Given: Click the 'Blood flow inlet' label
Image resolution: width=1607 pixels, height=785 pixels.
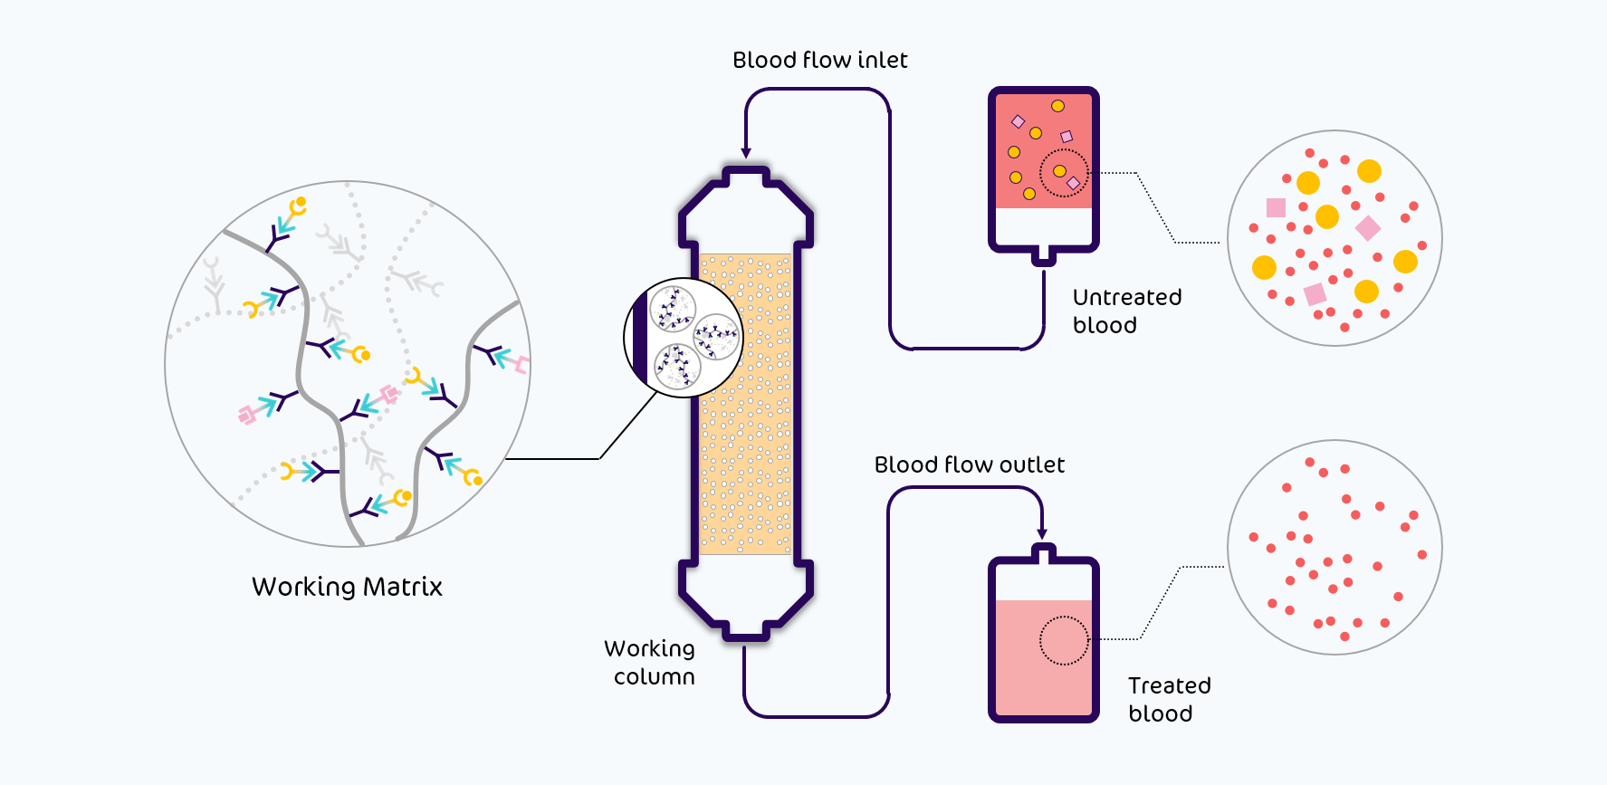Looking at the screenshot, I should click(x=819, y=61).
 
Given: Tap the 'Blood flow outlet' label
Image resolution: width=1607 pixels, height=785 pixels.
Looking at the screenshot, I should click(x=969, y=465).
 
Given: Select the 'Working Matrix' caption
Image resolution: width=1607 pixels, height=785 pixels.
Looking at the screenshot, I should click(x=347, y=587).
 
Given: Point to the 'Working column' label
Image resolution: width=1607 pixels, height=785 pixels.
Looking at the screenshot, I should click(x=650, y=663).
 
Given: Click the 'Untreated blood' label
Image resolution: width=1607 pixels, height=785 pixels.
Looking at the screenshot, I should click(x=1127, y=311).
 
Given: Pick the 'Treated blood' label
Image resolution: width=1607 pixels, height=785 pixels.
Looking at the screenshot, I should click(x=1169, y=699).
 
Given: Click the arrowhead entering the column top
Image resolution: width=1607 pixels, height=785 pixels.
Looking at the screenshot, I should click(x=746, y=153).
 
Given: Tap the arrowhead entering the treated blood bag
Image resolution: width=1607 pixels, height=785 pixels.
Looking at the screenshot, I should click(x=1043, y=534).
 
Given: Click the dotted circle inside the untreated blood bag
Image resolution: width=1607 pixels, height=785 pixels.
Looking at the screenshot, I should click(x=1063, y=173).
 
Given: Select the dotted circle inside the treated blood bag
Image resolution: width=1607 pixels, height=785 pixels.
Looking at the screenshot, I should click(x=1064, y=640).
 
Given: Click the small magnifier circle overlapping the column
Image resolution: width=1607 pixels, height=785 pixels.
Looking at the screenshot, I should click(x=684, y=338).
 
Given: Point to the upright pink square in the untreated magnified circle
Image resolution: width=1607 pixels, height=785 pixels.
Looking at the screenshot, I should click(x=1276, y=207).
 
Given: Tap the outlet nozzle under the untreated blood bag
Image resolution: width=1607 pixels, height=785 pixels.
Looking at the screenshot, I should click(x=1044, y=256).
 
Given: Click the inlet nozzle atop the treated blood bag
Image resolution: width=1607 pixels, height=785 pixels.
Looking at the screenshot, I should click(x=1044, y=552).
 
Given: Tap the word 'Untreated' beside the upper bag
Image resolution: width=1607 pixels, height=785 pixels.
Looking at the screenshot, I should click(x=1127, y=297).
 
